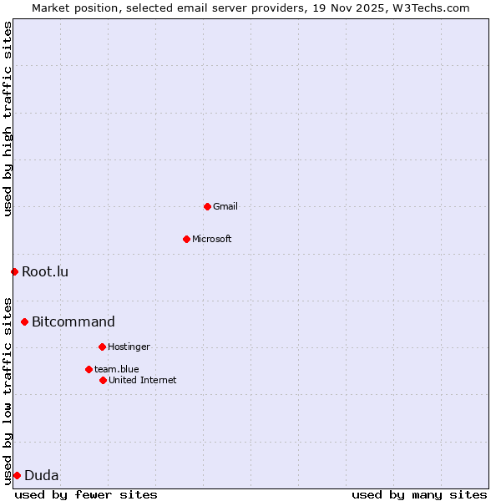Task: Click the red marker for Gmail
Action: (x=207, y=206)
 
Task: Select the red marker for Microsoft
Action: (x=186, y=239)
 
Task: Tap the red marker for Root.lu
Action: (x=14, y=271)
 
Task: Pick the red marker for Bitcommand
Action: (x=24, y=321)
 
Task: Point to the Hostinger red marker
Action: (x=102, y=347)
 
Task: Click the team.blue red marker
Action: (x=89, y=369)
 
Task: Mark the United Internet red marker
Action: (x=103, y=380)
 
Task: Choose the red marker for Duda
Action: (x=17, y=475)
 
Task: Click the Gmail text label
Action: (x=225, y=206)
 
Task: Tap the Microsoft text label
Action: (x=212, y=239)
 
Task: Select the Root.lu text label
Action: (x=45, y=271)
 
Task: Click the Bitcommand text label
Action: (x=73, y=321)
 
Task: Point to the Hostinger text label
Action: (x=129, y=347)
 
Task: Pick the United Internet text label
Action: (x=143, y=380)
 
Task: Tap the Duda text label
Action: (x=42, y=476)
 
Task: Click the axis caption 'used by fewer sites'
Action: (x=86, y=494)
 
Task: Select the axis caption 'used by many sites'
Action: (x=419, y=494)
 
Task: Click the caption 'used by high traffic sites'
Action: (x=8, y=119)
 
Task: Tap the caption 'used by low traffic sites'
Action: (x=8, y=390)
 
